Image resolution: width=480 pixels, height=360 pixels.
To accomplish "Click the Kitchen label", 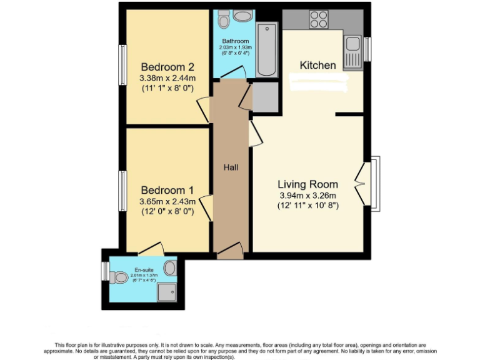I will pos(317,65).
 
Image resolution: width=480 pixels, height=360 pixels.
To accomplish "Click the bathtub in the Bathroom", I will pos(267,47).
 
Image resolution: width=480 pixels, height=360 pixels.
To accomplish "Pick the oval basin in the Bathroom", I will pos(244,16).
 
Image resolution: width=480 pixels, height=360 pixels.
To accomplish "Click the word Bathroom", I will pos(234,41).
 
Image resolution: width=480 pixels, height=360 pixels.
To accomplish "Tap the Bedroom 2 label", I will pos(167,67).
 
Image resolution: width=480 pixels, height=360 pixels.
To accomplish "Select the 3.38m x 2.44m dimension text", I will pos(167,78).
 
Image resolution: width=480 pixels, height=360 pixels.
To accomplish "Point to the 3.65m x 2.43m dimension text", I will pos(167,201).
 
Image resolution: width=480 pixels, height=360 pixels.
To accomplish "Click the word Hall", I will pos(231,167).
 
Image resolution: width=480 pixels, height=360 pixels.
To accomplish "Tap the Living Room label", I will pos(307,184).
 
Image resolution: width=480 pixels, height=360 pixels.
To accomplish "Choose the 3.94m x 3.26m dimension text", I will pos(308,195).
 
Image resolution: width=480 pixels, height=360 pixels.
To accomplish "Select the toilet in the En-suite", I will pos(118,277).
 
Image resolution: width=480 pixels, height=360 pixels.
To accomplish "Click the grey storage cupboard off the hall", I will pos(264,96).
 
